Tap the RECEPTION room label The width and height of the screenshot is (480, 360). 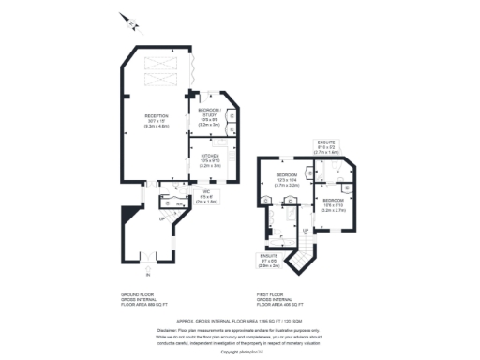point(157,114)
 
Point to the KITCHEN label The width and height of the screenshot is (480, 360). point(210,156)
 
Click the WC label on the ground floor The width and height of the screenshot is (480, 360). point(204,192)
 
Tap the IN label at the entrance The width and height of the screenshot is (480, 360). point(146,275)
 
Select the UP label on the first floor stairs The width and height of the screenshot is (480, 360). point(306,229)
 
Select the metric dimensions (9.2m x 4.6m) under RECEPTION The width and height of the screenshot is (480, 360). point(157,124)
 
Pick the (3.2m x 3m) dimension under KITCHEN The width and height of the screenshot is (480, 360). point(210,165)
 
